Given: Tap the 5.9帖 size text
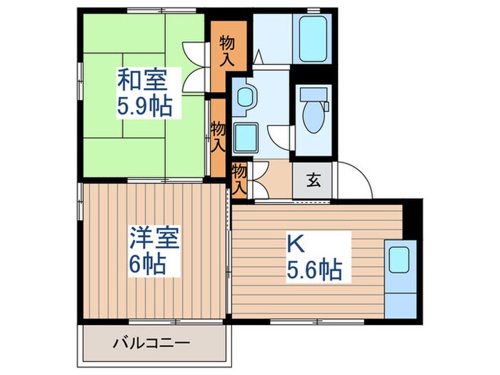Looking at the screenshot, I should point(144,107).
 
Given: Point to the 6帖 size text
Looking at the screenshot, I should point(147,265).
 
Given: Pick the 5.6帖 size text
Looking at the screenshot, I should point(314,270).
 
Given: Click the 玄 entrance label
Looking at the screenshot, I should point(314,180).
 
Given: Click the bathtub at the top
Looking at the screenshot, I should point(313,40).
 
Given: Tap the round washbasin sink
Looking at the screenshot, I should point(244,98).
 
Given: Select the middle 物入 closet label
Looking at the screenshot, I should point(219,136).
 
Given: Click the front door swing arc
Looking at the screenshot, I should point(356,179).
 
